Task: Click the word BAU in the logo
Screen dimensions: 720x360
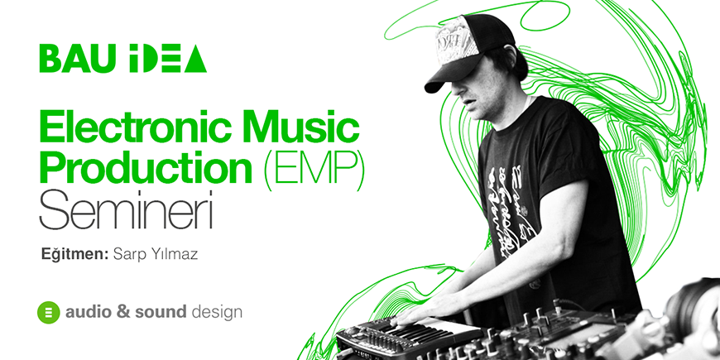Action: click(77, 59)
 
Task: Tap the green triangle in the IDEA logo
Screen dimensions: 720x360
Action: click(195, 59)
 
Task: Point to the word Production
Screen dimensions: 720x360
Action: click(146, 168)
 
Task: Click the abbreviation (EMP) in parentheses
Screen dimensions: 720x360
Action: click(313, 169)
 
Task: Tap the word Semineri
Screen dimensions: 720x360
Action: click(126, 210)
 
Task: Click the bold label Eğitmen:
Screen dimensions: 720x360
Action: click(74, 255)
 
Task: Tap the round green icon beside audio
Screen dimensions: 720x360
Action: click(49, 313)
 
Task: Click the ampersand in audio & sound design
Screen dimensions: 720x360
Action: click(122, 313)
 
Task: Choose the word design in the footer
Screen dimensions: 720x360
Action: click(217, 314)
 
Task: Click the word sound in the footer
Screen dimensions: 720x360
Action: click(161, 313)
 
